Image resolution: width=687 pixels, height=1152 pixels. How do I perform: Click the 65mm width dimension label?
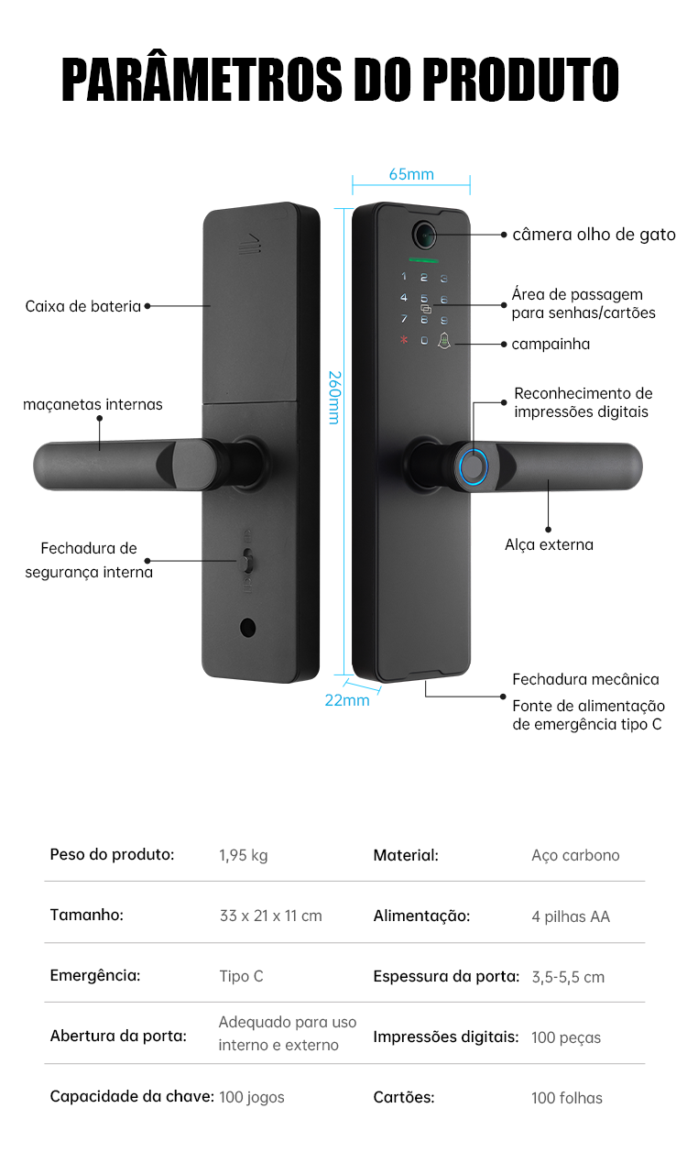tap(411, 174)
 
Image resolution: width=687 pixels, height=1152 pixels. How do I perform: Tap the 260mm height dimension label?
tap(334, 397)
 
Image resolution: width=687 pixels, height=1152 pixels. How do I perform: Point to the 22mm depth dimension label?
tap(347, 700)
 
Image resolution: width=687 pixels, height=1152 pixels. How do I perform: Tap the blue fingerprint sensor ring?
tap(474, 466)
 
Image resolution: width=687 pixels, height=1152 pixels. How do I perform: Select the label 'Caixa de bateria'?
tap(83, 306)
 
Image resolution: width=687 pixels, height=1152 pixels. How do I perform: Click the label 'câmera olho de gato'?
tap(594, 235)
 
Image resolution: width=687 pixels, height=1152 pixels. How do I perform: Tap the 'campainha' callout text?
tap(551, 345)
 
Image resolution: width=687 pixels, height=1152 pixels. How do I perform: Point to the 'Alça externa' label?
tap(549, 544)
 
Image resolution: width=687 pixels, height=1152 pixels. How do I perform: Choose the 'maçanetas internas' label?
tap(93, 404)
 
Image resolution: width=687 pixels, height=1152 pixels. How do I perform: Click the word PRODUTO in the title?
tap(520, 81)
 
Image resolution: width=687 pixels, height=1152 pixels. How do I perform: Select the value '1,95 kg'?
tap(243, 855)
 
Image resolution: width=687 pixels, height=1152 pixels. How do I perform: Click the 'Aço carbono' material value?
tap(575, 855)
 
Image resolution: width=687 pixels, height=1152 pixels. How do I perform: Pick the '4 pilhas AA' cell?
tap(570, 916)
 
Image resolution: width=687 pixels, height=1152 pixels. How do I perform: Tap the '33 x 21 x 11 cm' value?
tap(270, 916)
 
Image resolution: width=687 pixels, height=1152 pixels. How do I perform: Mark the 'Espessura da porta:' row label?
tap(446, 976)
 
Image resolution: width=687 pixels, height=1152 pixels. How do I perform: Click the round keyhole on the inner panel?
tap(246, 628)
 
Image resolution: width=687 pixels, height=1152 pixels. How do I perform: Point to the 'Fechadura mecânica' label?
tap(585, 679)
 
